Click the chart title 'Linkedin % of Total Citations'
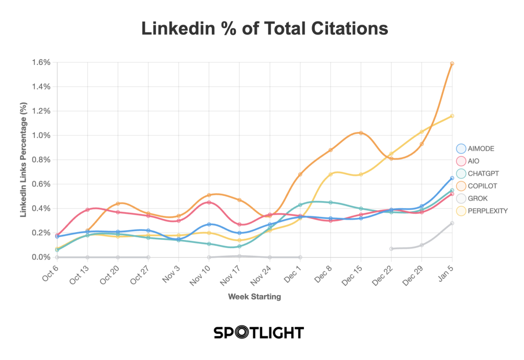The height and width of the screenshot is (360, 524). (x=265, y=29)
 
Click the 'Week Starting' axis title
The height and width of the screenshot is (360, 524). (x=254, y=296)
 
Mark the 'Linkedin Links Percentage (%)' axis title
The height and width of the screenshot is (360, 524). (x=23, y=160)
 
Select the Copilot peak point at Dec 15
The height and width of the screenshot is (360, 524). (x=361, y=133)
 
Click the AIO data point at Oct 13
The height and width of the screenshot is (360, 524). (x=88, y=210)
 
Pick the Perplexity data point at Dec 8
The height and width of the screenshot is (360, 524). (x=331, y=174)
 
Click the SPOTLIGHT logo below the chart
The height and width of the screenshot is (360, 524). (x=258, y=332)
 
